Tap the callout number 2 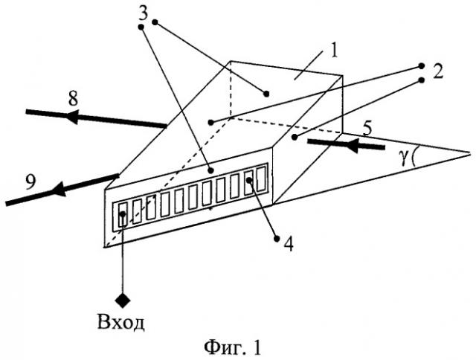point(438,72)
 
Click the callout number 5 point(367,129)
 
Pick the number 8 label point(73,99)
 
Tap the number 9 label point(30,182)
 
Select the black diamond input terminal point(123,300)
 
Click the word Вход point(120,322)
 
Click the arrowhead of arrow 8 point(72,116)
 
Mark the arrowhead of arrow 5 point(353,145)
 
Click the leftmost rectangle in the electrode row point(123,215)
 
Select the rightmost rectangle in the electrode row point(261,179)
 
